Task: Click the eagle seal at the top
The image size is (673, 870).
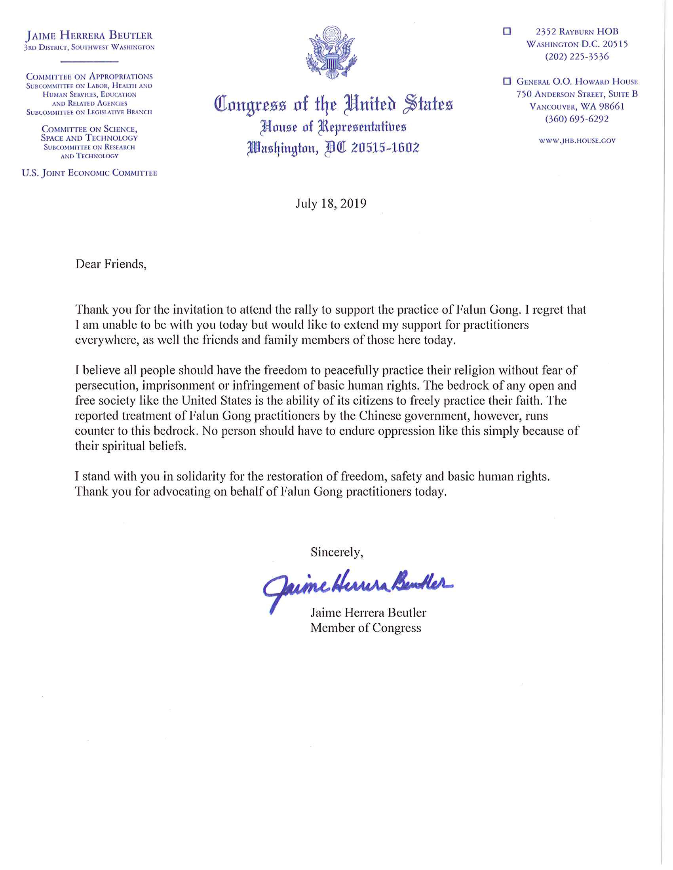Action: (331, 52)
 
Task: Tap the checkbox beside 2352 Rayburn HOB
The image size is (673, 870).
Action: (507, 31)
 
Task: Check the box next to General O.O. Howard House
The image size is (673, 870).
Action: (507, 81)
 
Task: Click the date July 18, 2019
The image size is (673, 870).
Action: (331, 204)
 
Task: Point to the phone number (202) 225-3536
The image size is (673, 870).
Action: (576, 57)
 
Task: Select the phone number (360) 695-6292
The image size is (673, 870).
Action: (576, 119)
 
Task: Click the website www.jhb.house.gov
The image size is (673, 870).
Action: (577, 141)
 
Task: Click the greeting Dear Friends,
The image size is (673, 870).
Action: (111, 264)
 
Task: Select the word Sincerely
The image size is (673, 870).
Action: (336, 552)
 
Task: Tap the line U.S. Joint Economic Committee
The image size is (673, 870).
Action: (89, 173)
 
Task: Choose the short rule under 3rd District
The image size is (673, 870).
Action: (89, 62)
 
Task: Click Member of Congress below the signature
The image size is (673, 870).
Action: (366, 628)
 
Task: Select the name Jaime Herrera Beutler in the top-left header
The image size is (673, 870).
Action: (89, 36)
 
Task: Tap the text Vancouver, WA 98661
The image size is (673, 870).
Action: (576, 106)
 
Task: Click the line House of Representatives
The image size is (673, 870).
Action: (333, 127)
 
